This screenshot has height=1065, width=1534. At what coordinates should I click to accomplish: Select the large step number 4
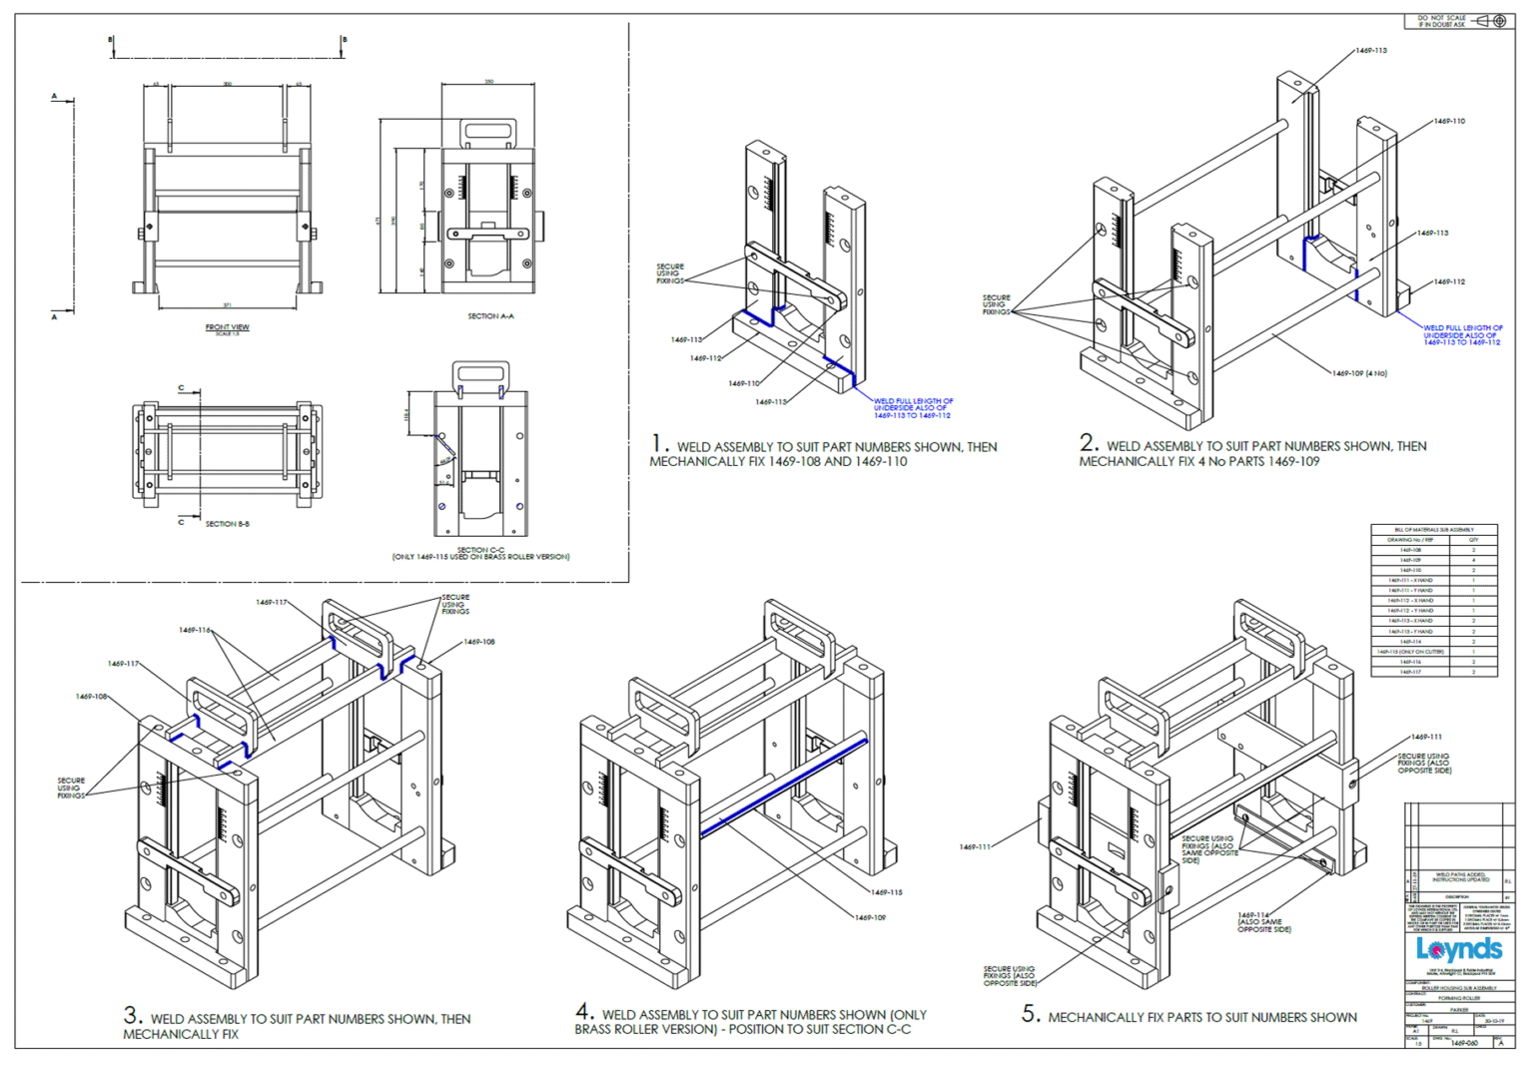[585, 1011]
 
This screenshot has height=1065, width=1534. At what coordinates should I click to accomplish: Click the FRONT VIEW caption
[227, 327]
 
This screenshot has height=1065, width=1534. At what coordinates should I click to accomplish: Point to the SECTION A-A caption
[490, 316]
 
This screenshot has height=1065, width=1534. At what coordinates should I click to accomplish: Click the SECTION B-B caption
[227, 524]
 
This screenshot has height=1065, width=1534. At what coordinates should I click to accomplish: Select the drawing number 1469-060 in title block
[1464, 1043]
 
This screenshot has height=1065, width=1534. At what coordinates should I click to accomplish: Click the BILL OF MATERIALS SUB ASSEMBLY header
[1434, 530]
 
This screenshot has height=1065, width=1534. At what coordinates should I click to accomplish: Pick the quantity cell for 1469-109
[1473, 560]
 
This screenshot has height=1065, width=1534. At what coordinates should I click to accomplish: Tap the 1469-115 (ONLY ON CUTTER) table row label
[1410, 652]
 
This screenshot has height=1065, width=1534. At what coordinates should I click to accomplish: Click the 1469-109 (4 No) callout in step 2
[1359, 373]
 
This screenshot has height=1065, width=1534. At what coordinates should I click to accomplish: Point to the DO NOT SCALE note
[1441, 21]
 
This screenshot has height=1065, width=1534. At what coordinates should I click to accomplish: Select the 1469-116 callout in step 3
[195, 630]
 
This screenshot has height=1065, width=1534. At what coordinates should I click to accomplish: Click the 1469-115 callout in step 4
[886, 892]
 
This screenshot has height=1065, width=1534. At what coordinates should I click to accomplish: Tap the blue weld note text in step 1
[912, 408]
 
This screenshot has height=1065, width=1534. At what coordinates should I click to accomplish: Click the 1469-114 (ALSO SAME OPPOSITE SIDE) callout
[1263, 922]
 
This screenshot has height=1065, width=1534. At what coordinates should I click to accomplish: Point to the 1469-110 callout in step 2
[1449, 121]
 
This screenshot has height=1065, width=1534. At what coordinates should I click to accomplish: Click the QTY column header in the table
[1473, 540]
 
